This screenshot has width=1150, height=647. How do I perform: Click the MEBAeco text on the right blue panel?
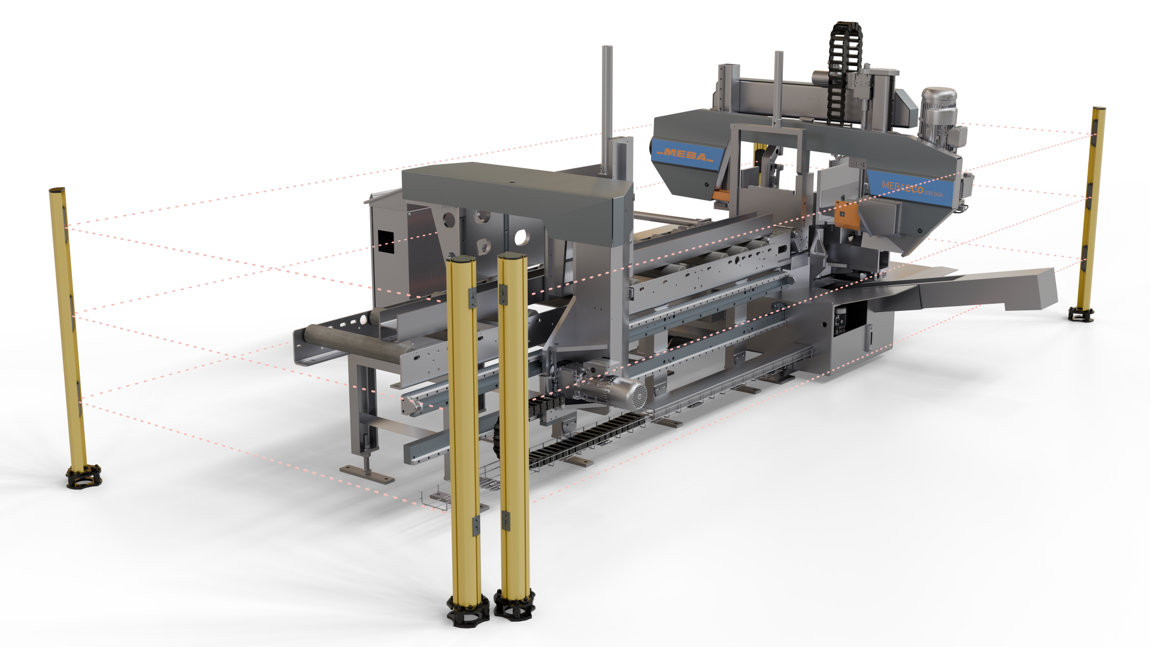(x=903, y=188)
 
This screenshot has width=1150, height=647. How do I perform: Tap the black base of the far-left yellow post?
(x=84, y=477)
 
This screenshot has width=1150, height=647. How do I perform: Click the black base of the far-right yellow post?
(x=1081, y=314)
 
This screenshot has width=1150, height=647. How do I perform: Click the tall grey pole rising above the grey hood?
(x=607, y=102)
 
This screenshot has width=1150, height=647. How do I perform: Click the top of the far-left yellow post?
(x=57, y=192)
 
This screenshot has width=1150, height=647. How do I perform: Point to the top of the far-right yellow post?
(x=1098, y=111)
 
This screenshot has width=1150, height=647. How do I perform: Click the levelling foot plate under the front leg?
(x=367, y=473)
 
